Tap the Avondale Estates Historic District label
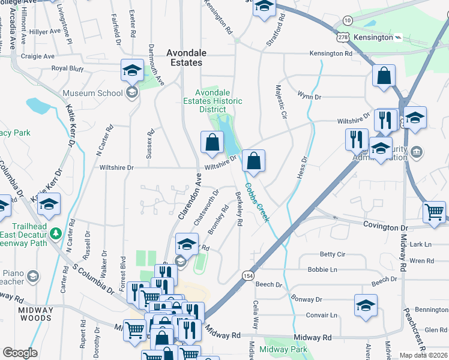[x=212, y=101]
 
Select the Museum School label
[x=94, y=93]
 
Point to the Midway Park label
[x=284, y=349]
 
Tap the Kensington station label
[x=373, y=37]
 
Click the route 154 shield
[x=247, y=275]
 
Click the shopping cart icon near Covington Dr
[x=435, y=211]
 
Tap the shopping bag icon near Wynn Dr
[x=384, y=76]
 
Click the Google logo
[x=19, y=353]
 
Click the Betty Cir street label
[x=332, y=254]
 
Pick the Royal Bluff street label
[x=68, y=68]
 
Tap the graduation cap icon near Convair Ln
[x=366, y=305]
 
